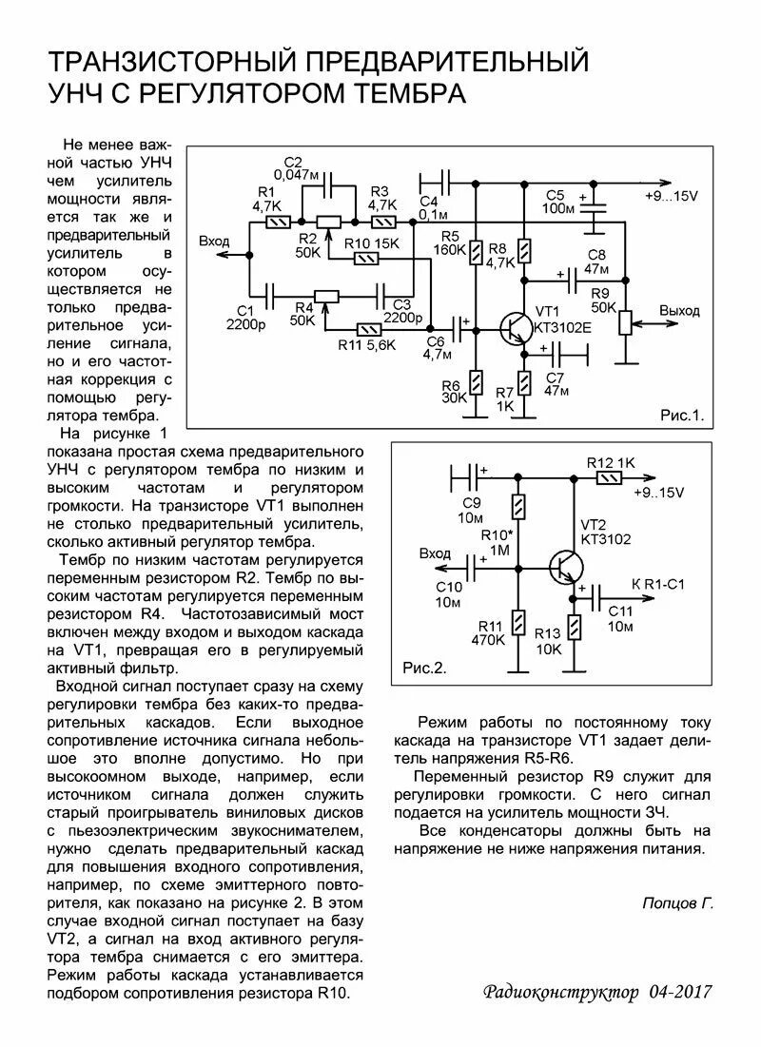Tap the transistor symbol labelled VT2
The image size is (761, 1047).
pos(567,569)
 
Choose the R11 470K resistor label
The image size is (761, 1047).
pos(487,632)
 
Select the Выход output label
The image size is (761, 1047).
pos(679,311)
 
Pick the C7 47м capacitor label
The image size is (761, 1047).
pos(556,384)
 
